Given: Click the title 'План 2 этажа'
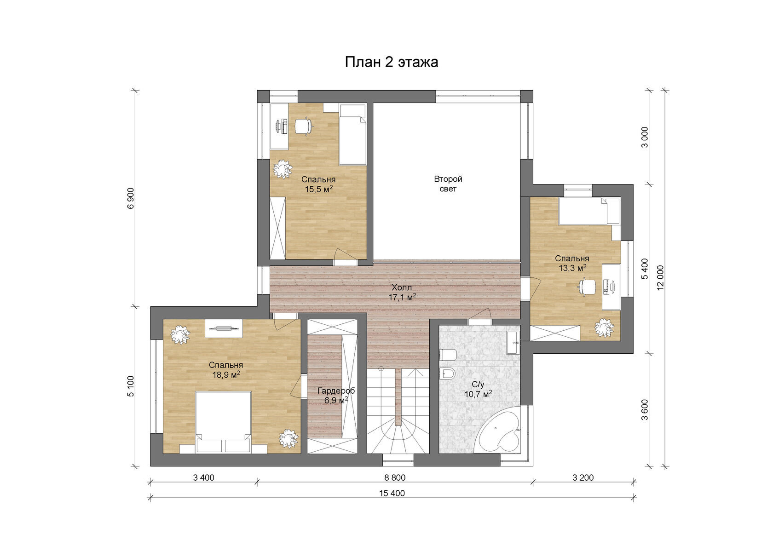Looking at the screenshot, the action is [x=392, y=62].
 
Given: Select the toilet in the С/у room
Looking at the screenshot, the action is [x=448, y=354].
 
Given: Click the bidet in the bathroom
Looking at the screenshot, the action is [x=448, y=374].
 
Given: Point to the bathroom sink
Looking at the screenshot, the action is [x=513, y=343].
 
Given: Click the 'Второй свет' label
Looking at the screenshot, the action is [x=448, y=184].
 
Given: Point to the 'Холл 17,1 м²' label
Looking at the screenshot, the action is [x=402, y=293].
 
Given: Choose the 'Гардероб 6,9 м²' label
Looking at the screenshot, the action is [x=336, y=396].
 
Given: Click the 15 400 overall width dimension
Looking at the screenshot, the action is [x=392, y=493].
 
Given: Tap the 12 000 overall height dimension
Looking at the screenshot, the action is [x=660, y=278].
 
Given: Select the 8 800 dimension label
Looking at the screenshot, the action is [x=395, y=478].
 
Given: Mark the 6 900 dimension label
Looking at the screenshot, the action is [x=130, y=199].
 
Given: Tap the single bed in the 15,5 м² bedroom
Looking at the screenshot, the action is [x=352, y=135].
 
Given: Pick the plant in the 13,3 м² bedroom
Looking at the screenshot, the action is [x=604, y=327].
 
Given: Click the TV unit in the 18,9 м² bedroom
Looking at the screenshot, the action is [x=224, y=328].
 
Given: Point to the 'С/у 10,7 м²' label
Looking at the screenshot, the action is [x=478, y=390].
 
